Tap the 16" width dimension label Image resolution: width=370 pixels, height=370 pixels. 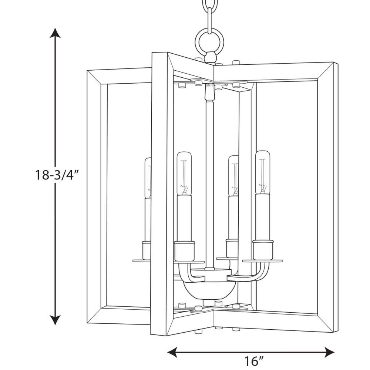tap(253, 361)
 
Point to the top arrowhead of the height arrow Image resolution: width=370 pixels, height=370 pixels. tap(55, 33)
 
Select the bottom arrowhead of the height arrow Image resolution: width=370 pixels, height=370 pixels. tap(55, 320)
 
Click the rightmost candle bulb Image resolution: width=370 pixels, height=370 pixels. tap(262, 172)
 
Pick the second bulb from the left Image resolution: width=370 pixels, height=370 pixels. tap(184, 173)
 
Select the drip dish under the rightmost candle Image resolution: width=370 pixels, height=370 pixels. tap(262, 260)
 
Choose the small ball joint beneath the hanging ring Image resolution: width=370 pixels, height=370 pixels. tap(209, 57)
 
